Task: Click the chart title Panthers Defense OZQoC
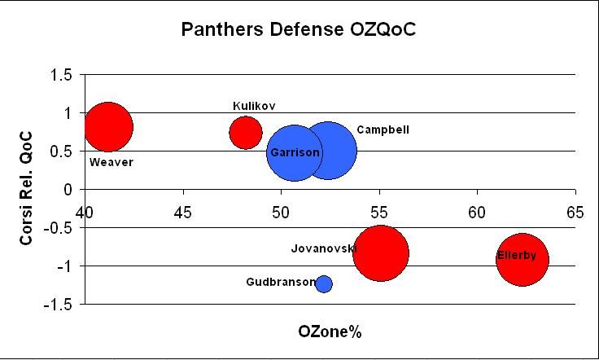pyautogui.click(x=299, y=30)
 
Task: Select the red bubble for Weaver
pyautogui.click(x=108, y=126)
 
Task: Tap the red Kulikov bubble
pyautogui.click(x=246, y=132)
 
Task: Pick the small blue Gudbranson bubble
pyautogui.click(x=324, y=283)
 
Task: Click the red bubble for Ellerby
pyautogui.click(x=522, y=259)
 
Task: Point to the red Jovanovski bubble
pyautogui.click(x=381, y=253)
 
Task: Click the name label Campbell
pyautogui.click(x=383, y=130)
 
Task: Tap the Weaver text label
pyautogui.click(x=111, y=162)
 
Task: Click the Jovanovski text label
pyautogui.click(x=323, y=248)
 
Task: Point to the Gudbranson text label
pyautogui.click(x=279, y=283)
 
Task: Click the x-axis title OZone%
pyautogui.click(x=330, y=332)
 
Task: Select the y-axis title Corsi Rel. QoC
pyautogui.click(x=26, y=189)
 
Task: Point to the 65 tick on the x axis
pyautogui.click(x=575, y=213)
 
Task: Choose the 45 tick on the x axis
pyautogui.click(x=183, y=213)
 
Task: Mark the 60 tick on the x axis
pyautogui.click(x=477, y=213)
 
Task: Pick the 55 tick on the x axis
pyautogui.click(x=379, y=213)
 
